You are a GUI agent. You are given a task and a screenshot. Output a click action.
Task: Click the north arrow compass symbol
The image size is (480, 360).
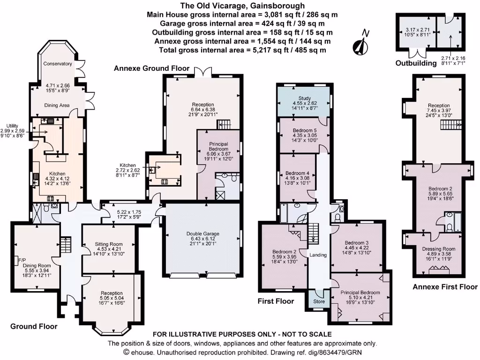(361, 43)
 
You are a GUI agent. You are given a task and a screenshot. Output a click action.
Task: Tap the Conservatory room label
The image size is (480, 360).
(57, 64)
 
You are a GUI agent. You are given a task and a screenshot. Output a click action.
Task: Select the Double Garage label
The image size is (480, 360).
(202, 233)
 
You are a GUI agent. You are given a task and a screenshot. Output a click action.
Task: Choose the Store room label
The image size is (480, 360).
(319, 301)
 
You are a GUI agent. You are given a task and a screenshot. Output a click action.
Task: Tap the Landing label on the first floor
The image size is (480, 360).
(318, 255)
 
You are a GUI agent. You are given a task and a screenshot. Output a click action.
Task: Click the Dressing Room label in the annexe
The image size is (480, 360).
(439, 249)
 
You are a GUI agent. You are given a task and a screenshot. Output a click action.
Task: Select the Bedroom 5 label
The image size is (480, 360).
(305, 130)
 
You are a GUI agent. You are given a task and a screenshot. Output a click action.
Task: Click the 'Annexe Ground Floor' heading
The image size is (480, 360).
(152, 68)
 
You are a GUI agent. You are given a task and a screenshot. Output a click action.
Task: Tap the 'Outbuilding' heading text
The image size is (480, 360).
(416, 63)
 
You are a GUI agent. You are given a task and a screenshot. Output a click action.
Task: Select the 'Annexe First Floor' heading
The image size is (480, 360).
(445, 287)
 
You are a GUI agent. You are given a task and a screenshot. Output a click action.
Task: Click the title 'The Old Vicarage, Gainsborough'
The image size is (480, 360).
(242, 6)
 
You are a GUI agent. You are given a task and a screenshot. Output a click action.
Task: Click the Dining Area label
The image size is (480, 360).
(57, 105)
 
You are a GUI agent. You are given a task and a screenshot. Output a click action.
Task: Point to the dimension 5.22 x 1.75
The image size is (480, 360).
(129, 212)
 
